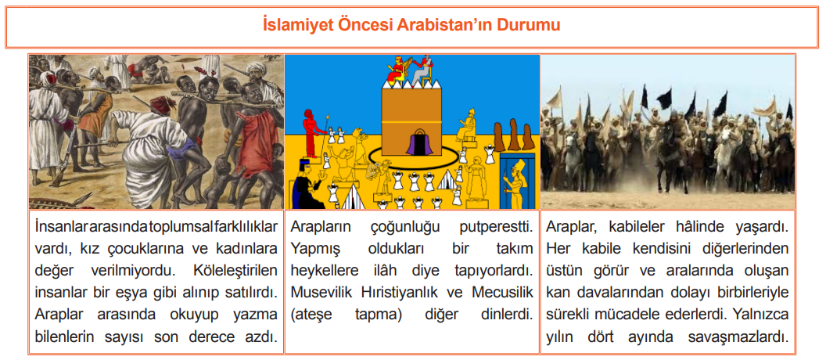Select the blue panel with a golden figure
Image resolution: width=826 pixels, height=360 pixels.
517,181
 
